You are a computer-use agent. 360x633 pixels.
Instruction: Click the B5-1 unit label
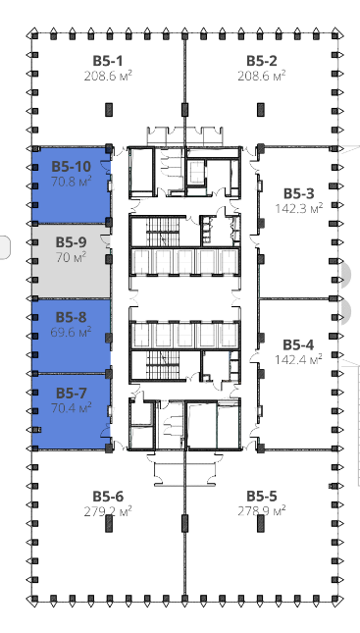point(108,61)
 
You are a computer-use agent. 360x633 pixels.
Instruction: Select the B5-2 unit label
point(262,61)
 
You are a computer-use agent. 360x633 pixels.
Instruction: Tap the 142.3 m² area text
point(299,208)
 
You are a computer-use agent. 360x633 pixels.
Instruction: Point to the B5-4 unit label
point(298,345)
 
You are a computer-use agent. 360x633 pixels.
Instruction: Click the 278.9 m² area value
point(262,510)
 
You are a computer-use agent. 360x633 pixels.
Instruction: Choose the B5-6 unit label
point(108,497)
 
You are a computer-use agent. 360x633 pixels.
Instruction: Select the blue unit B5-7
point(71,411)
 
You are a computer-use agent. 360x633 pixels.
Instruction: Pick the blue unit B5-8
point(71,337)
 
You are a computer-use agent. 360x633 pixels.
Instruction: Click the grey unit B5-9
point(71,261)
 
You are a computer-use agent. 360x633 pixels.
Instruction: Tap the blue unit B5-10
point(71,185)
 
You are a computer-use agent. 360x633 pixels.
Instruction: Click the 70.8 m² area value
point(71,181)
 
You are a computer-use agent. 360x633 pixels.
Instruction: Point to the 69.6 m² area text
point(71,332)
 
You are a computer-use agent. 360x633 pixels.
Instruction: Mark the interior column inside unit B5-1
point(109,109)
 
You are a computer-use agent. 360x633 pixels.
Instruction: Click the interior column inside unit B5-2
point(261,109)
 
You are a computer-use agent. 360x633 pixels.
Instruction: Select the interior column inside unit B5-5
point(261,523)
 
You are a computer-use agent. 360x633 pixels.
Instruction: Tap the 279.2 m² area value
point(108,511)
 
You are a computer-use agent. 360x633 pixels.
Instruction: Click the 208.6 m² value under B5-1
point(108,76)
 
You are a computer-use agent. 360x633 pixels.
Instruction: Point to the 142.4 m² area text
point(298,359)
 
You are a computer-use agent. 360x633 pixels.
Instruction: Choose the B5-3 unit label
point(298,193)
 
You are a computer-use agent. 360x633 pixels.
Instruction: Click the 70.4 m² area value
point(71,407)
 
